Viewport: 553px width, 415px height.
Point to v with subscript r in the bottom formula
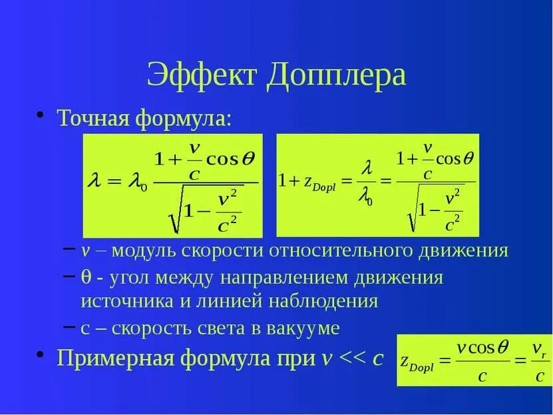[x=538, y=348]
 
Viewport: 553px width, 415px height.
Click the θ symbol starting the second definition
[x=85, y=276]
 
